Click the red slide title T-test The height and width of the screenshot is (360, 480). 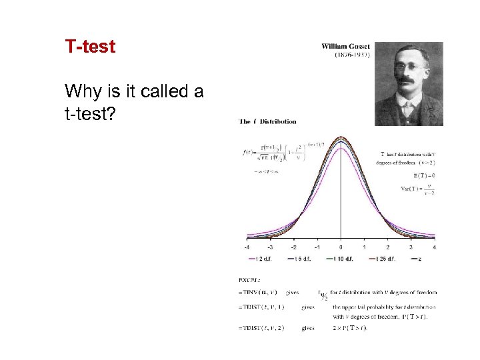pos(90,47)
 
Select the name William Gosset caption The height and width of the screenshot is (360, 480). pos(346,47)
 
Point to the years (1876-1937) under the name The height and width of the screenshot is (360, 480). pos(352,55)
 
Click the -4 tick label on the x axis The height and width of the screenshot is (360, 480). pos(247,247)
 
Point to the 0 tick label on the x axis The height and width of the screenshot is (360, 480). pos(341,247)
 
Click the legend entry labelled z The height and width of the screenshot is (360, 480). pos(417,259)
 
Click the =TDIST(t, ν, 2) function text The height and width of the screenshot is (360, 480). pos(261,328)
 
